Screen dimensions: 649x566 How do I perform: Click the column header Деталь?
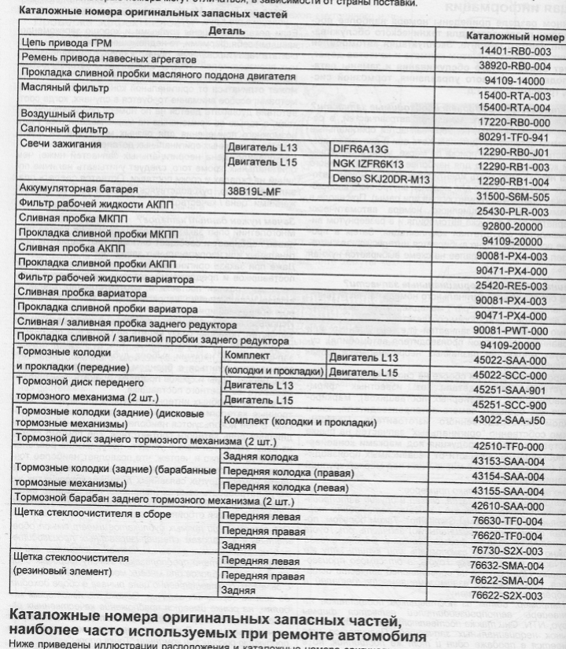[x=226, y=30]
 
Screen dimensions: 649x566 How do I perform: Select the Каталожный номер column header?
[x=515, y=36]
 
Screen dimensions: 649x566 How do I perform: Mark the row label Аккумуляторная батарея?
[x=76, y=191]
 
